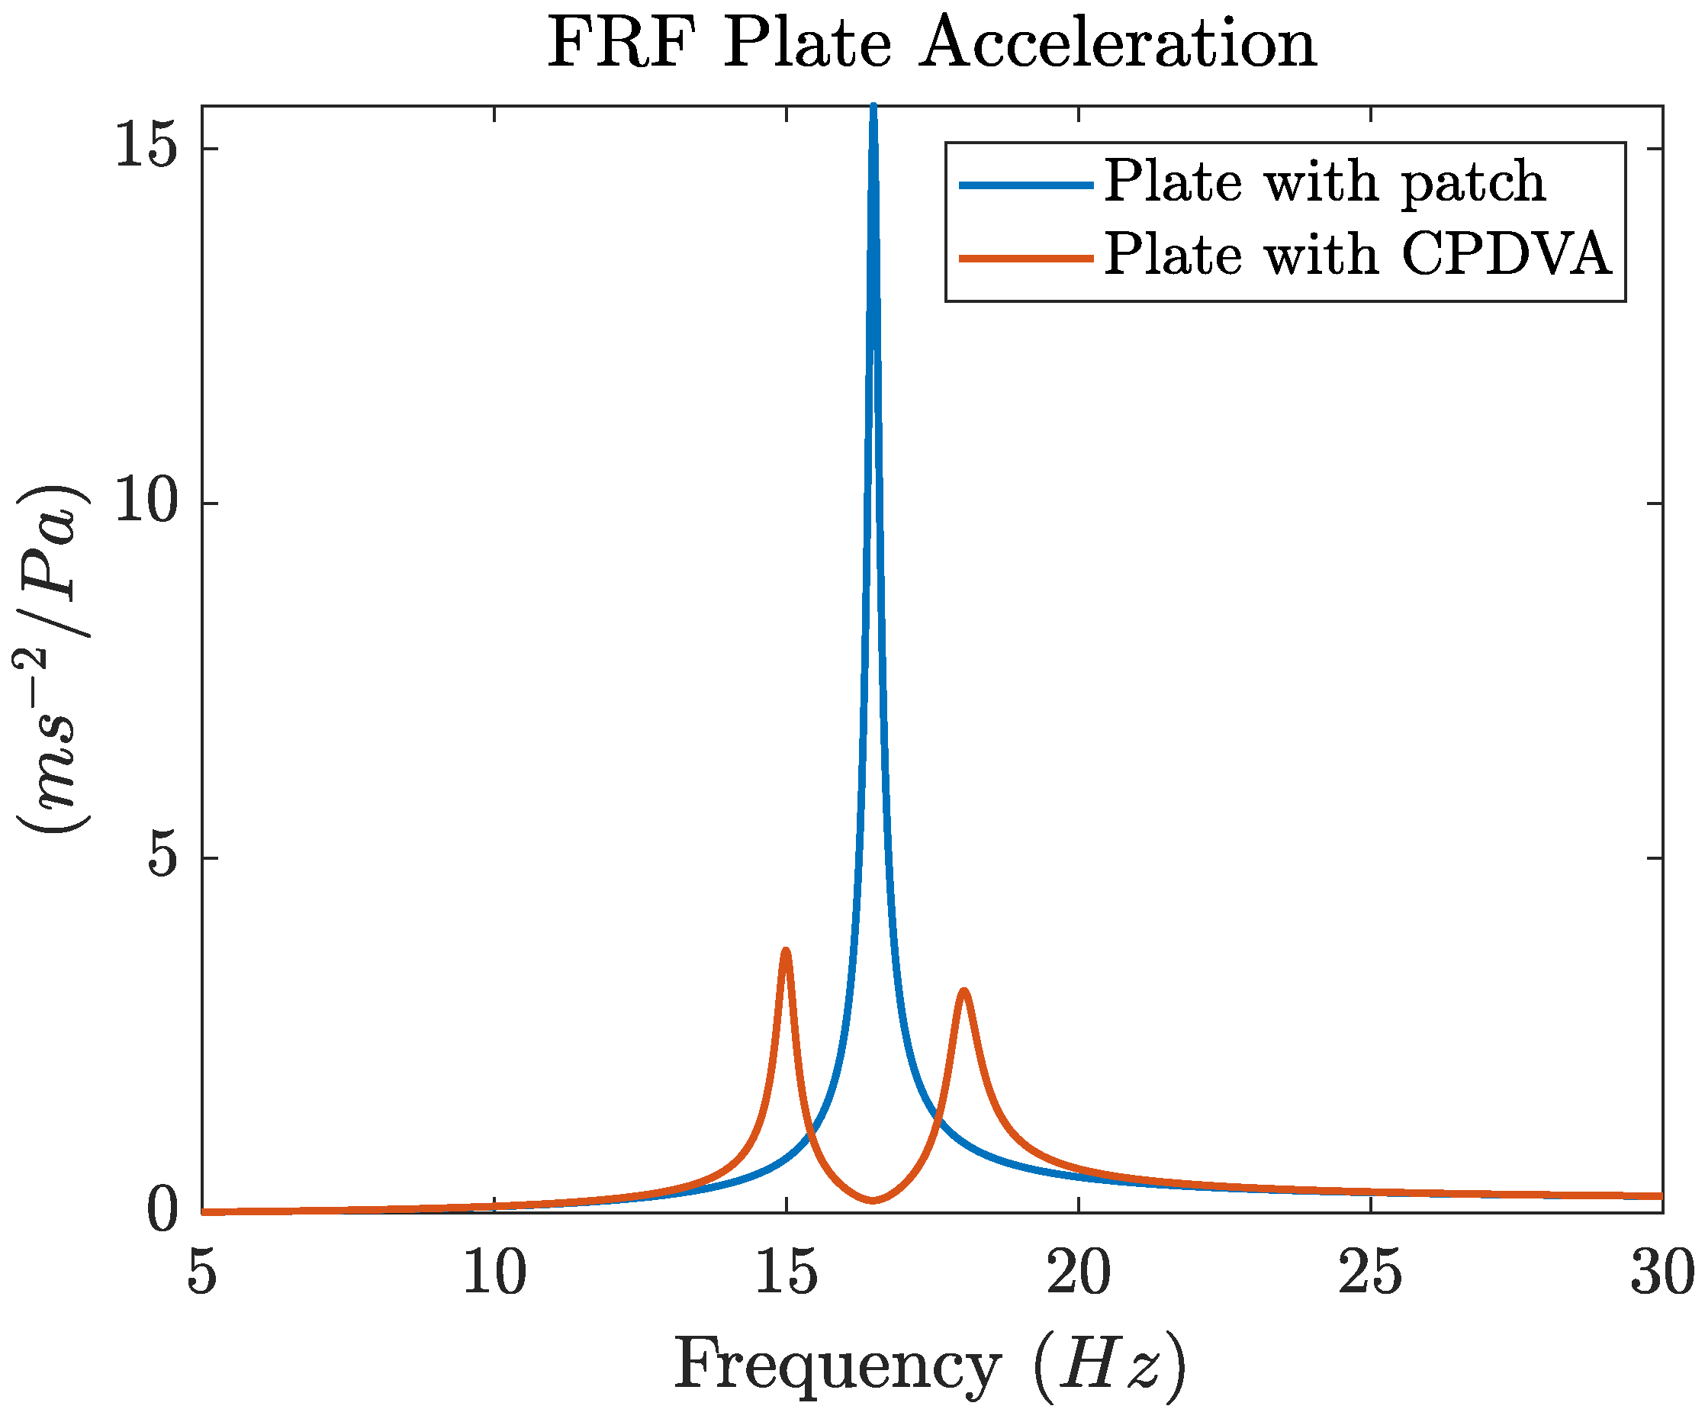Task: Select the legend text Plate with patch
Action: (x=1324, y=181)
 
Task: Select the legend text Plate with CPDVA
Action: (x=1356, y=254)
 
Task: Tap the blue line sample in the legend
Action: (x=1025, y=185)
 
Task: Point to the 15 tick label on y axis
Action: (x=146, y=148)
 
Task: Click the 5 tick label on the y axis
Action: (x=162, y=857)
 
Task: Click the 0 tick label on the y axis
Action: (x=162, y=1211)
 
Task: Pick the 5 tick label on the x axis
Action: (x=201, y=1275)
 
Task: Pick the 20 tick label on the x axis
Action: (x=1078, y=1275)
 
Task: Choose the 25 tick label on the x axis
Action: (x=1371, y=1275)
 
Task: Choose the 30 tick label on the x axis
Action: (x=1662, y=1275)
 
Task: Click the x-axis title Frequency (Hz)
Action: (x=931, y=1366)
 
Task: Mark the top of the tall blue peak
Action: (x=873, y=108)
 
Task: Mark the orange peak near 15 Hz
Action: (x=785, y=951)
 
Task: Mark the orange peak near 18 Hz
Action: (x=963, y=992)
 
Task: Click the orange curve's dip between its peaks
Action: (x=873, y=1200)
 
